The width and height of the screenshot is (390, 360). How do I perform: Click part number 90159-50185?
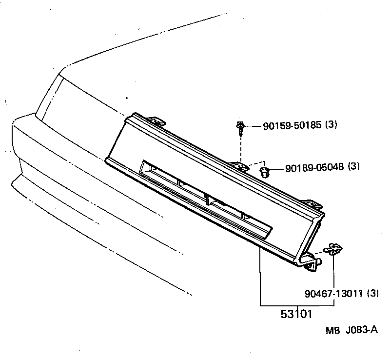click(292, 125)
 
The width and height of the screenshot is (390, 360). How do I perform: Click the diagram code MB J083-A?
click(351, 330)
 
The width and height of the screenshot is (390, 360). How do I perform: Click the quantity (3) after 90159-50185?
click(331, 125)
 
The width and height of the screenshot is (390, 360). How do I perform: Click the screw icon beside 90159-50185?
click(240, 127)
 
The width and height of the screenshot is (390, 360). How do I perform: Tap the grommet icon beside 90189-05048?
click(265, 171)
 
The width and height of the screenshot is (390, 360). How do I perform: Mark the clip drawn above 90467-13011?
click(333, 249)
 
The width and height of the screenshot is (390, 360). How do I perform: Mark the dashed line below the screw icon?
click(241, 146)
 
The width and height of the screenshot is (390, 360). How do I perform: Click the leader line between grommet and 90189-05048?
click(276, 169)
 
